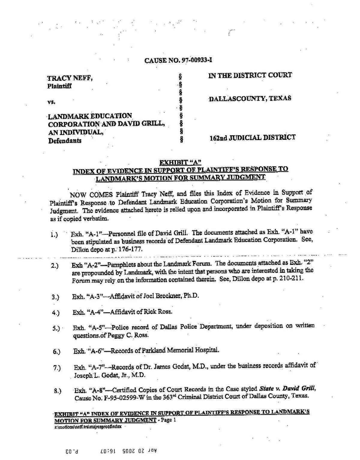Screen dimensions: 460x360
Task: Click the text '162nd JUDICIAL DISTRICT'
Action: click(252, 138)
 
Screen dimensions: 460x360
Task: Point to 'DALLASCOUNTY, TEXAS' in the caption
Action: click(250, 98)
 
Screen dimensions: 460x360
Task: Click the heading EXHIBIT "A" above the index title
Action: click(180, 163)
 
